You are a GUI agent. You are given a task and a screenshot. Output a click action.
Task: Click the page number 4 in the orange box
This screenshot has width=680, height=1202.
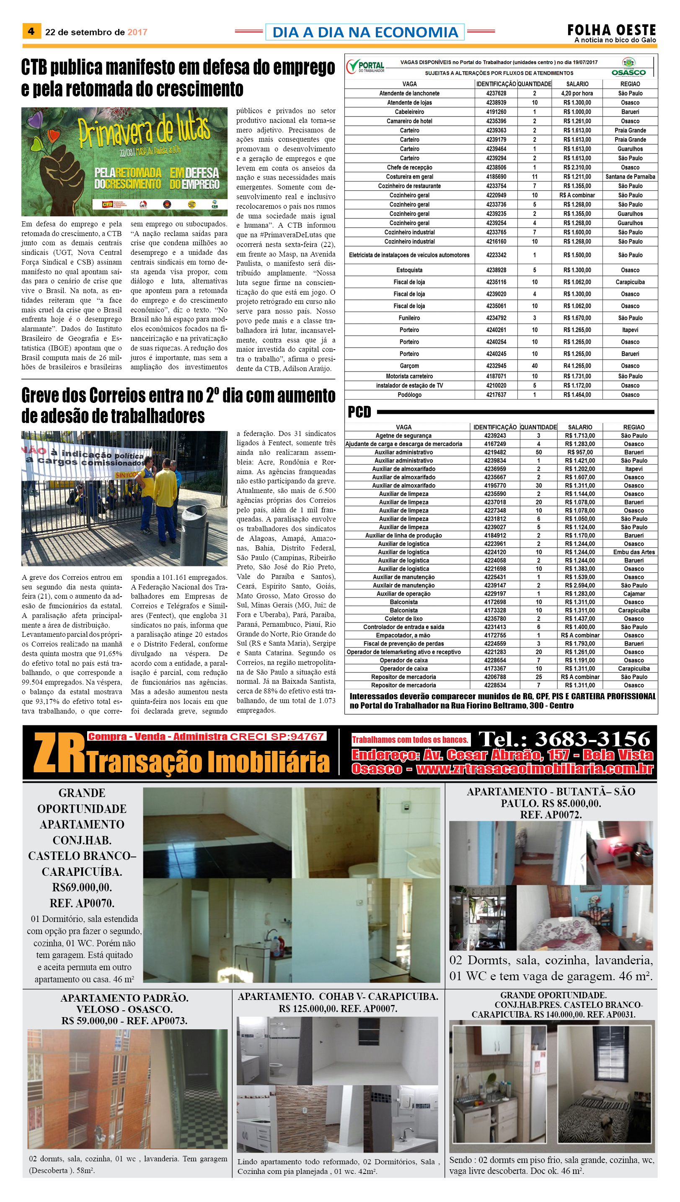pyautogui.click(x=31, y=31)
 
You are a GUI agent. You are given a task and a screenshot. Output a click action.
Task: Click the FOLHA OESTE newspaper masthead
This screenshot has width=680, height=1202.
pyautogui.click(x=611, y=30)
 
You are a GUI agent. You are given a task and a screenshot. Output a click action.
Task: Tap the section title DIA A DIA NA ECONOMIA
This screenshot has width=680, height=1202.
pyautogui.click(x=365, y=32)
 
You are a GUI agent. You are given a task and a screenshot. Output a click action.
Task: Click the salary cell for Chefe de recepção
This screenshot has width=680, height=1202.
pyautogui.click(x=577, y=167)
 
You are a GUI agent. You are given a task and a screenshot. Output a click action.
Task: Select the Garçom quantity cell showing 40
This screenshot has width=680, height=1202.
pyautogui.click(x=534, y=366)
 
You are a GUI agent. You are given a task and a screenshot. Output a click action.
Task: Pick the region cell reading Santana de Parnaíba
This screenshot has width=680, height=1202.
pyautogui.click(x=630, y=177)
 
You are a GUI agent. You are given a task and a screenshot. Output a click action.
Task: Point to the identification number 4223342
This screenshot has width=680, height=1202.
pyautogui.click(x=496, y=255)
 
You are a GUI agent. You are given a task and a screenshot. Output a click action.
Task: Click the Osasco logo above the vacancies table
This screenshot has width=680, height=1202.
pyautogui.click(x=628, y=67)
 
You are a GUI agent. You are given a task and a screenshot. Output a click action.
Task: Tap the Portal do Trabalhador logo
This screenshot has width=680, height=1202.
pyautogui.click(x=366, y=67)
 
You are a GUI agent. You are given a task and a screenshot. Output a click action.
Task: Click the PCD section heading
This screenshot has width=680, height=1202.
pyautogui.click(x=359, y=412)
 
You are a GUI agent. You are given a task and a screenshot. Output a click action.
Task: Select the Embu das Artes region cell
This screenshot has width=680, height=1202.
pyautogui.click(x=633, y=552)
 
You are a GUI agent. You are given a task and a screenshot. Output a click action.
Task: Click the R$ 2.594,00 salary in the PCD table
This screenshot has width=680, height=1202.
pyautogui.click(x=579, y=585)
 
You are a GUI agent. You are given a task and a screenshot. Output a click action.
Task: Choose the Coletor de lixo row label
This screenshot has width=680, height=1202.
pyautogui.click(x=403, y=618)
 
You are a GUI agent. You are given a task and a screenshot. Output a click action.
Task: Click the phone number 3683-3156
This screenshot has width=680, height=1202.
pyautogui.click(x=592, y=739)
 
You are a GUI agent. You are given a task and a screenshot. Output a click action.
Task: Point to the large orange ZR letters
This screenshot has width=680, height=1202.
pyautogui.click(x=59, y=752)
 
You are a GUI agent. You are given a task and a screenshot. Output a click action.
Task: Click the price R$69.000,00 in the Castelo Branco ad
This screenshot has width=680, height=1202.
pyautogui.click(x=82, y=887)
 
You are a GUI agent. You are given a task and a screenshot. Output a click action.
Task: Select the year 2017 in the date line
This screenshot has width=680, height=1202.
pyautogui.click(x=137, y=32)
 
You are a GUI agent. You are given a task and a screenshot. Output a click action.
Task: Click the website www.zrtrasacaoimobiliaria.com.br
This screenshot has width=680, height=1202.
pyautogui.click(x=534, y=769)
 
